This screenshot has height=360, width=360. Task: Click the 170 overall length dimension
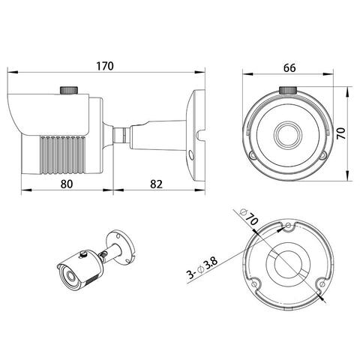click(105, 66)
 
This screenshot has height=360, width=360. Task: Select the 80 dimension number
click(67, 184)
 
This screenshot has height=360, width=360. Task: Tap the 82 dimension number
click(156, 184)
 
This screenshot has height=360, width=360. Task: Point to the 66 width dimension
click(289, 68)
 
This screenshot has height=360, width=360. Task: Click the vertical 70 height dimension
click(340, 133)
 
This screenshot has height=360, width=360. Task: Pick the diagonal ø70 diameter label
click(248, 217)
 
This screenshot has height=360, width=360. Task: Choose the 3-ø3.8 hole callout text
click(202, 268)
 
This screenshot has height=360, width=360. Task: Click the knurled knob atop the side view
click(69, 90)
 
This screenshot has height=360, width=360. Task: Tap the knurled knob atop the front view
click(288, 90)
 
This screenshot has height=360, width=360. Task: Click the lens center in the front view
click(288, 135)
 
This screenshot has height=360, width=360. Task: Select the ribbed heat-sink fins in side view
click(61, 155)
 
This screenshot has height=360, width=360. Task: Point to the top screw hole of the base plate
click(288, 225)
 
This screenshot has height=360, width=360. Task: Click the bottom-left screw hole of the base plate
click(254, 283)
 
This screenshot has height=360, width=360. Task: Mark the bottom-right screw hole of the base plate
click(322, 284)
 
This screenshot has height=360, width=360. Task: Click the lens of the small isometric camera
click(70, 277)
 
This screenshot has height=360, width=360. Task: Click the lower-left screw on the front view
click(253, 156)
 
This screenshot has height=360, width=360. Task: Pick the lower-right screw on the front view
click(323, 156)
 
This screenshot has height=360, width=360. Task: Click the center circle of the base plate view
click(289, 265)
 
